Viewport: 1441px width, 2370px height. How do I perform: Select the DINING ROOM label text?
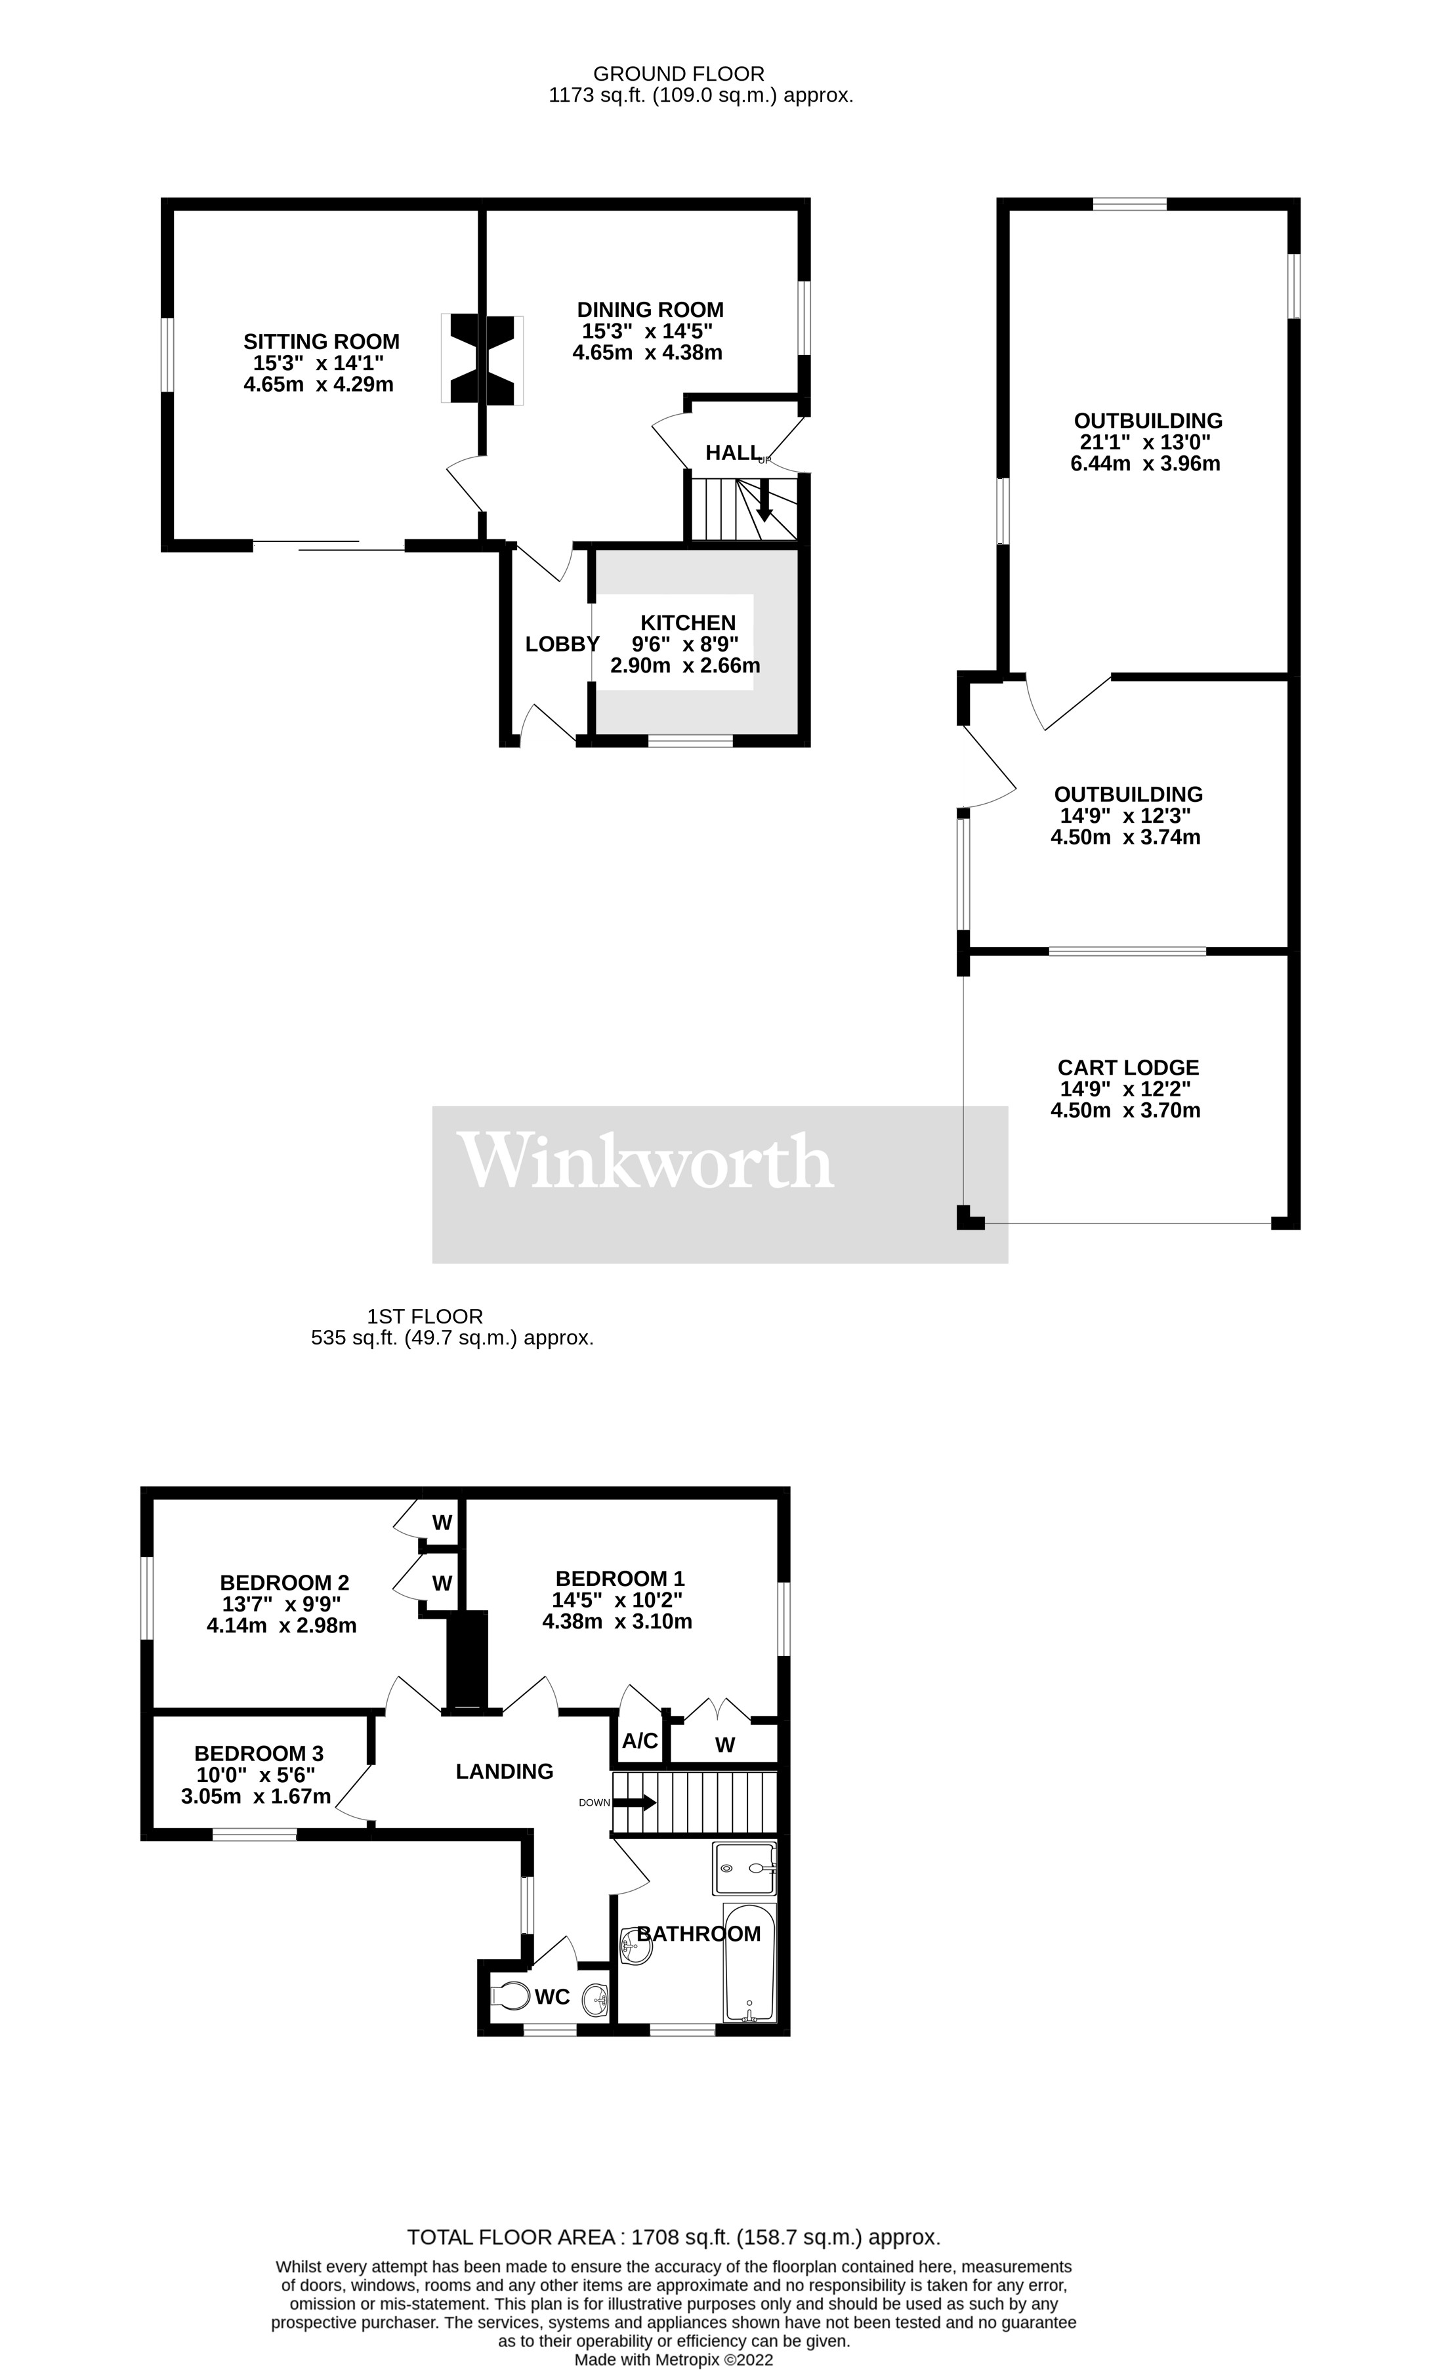point(650,310)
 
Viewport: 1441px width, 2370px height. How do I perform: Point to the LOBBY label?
point(562,644)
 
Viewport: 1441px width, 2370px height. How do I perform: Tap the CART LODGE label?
point(1127,1068)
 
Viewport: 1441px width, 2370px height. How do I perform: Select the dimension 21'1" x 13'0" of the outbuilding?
point(1144,442)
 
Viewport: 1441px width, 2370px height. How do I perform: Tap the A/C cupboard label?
point(640,1741)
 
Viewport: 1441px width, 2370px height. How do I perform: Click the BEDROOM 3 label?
point(258,1753)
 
